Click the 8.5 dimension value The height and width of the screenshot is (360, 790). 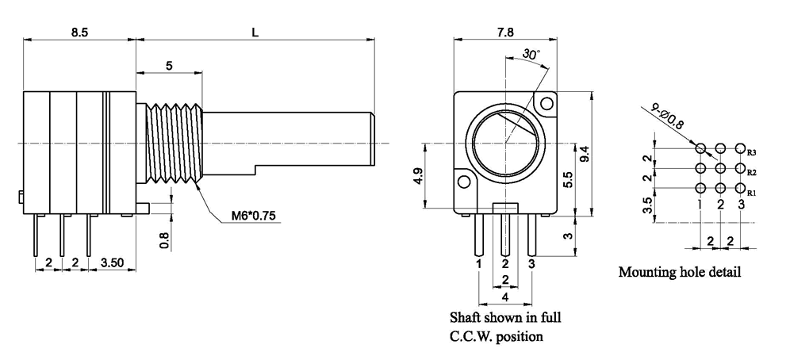click(x=79, y=33)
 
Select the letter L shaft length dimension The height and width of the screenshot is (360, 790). click(x=255, y=33)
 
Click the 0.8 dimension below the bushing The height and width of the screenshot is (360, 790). click(x=164, y=239)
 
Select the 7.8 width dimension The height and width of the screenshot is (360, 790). click(x=504, y=33)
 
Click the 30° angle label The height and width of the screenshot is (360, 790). click(x=531, y=55)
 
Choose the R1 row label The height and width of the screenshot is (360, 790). click(x=752, y=192)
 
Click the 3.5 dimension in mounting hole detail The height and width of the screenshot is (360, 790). click(x=648, y=205)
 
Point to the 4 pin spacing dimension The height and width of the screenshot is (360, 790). click(x=505, y=297)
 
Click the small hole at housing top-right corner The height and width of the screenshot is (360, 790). click(x=546, y=103)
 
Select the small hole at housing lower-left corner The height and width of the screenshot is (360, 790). click(x=464, y=182)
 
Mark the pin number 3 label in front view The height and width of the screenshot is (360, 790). click(x=531, y=262)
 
